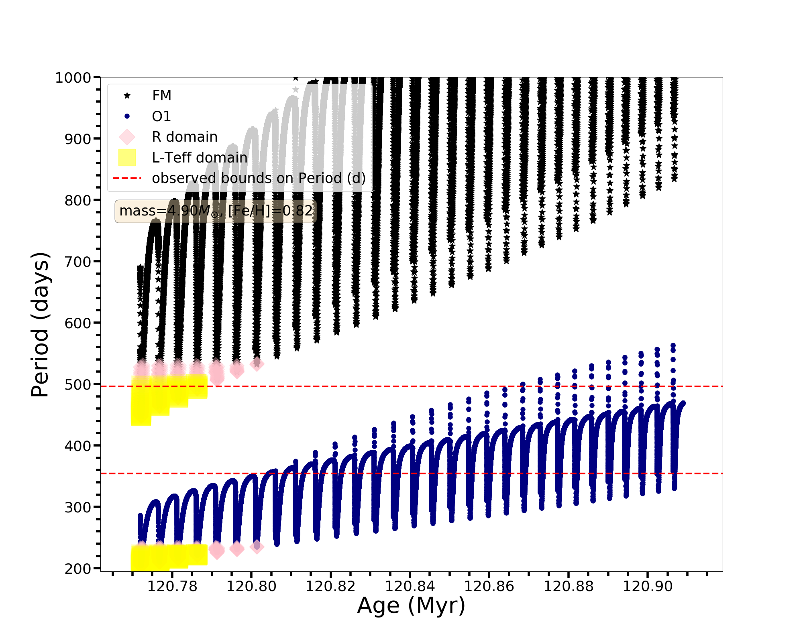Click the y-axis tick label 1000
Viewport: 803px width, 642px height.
tap(73, 78)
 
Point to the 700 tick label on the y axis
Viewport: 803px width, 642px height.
tap(78, 262)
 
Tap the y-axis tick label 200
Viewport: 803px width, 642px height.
tap(78, 569)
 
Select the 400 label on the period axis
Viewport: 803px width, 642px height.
tap(78, 446)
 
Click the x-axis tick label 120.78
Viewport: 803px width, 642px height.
tap(172, 587)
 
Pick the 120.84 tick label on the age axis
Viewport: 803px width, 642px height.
tap(410, 587)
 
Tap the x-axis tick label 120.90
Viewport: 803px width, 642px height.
tap(648, 587)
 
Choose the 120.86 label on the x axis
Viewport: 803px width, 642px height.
tap(489, 587)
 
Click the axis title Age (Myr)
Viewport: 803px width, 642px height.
tap(411, 605)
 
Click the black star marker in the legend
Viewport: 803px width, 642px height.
tap(127, 95)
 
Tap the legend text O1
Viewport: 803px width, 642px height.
tap(161, 116)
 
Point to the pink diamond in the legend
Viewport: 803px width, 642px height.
tap(127, 137)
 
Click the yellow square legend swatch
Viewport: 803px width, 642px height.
tap(127, 158)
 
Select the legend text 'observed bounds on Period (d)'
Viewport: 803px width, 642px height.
tap(259, 178)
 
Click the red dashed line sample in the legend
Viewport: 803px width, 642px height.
tap(127, 178)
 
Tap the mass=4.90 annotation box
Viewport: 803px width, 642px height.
tap(216, 211)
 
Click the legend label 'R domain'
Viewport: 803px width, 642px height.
tap(185, 137)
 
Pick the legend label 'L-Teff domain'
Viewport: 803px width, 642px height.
tap(200, 158)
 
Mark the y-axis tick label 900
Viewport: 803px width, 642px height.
tap(78, 139)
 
